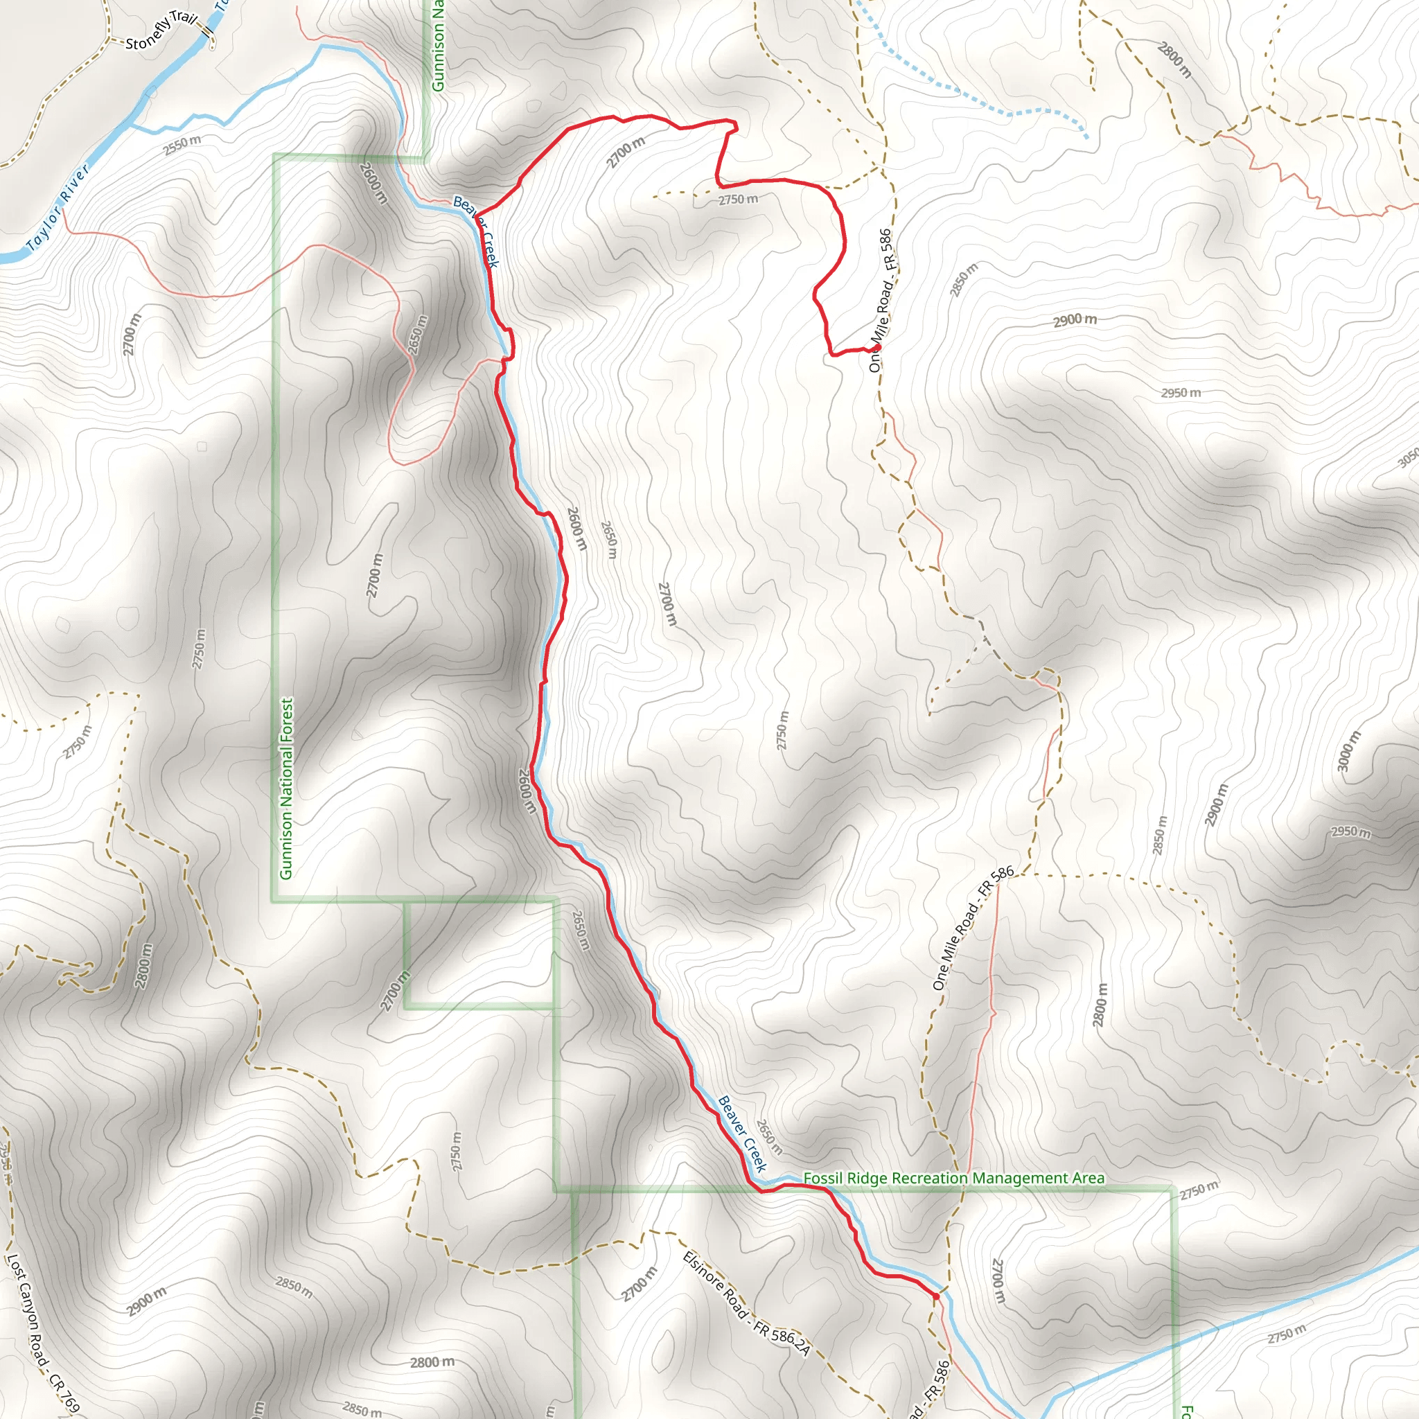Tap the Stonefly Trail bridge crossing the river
tap(206, 33)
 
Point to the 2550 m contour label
tap(182, 145)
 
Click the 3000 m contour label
tap(1348, 751)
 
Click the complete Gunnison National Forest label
tap(285, 787)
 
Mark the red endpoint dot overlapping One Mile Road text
tap(877, 347)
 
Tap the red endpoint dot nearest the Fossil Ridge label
tap(935, 1296)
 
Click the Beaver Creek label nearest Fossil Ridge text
tap(742, 1134)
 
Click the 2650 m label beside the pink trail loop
tap(417, 335)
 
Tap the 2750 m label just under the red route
tap(738, 199)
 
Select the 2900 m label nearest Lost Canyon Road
tap(146, 1300)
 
